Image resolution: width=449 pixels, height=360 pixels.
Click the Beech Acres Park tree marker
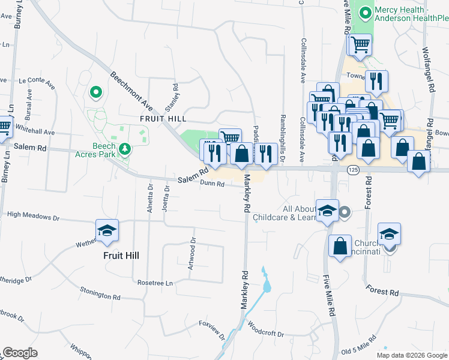pyautogui.click(x=124, y=148)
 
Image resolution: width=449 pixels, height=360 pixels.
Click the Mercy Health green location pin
pyautogui.click(x=365, y=12)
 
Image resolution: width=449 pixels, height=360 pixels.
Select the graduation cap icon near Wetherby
pyautogui.click(x=107, y=231)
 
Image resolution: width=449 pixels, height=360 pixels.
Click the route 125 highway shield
pyautogui.click(x=353, y=171)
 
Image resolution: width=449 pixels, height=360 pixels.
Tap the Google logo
pyautogui.click(x=20, y=353)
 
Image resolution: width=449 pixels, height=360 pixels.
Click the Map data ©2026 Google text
pyautogui.click(x=411, y=355)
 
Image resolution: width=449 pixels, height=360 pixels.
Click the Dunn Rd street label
pyautogui.click(x=212, y=184)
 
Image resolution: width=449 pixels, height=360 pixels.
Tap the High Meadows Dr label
pyautogui.click(x=33, y=214)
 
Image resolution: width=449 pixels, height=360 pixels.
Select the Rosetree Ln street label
pyautogui.click(x=155, y=283)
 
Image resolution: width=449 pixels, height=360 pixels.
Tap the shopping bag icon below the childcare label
pyautogui.click(x=340, y=245)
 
